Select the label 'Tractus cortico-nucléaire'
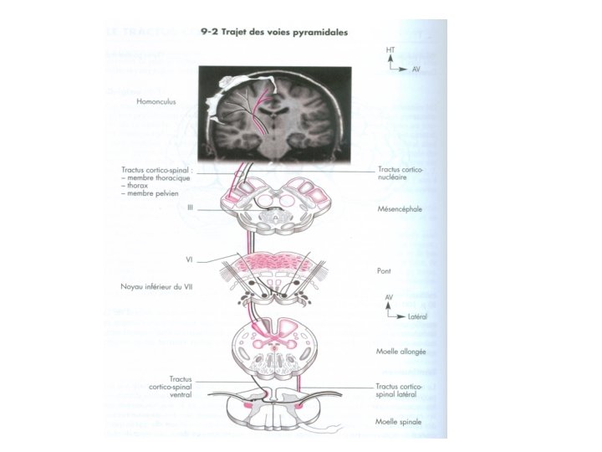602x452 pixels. (400, 172)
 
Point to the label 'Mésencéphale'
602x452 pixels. (399, 209)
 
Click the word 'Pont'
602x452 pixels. (385, 270)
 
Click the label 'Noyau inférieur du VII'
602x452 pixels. (153, 286)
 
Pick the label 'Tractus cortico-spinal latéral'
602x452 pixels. (400, 389)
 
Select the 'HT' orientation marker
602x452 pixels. (390, 49)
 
